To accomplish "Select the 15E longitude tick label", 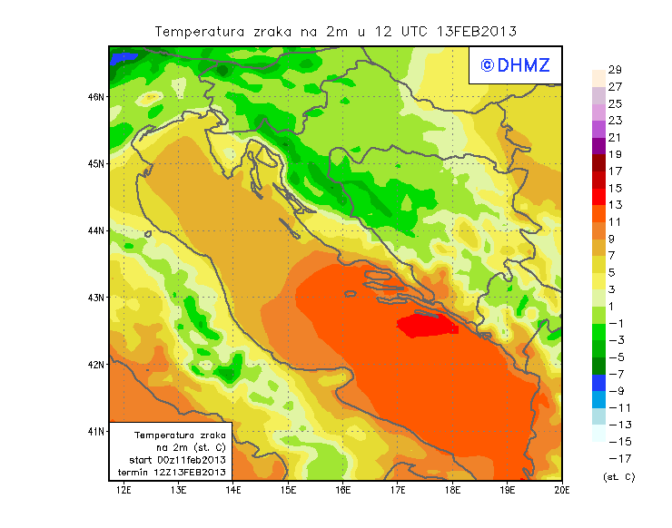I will pyautogui.click(x=288, y=491).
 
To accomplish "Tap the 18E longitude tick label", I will pyautogui.click(x=452, y=491).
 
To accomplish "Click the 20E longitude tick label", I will pyautogui.click(x=562, y=491).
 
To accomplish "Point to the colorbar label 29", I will pyautogui.click(x=615, y=70).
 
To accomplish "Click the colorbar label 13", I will pyautogui.click(x=615, y=205).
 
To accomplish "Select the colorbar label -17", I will pyautogui.click(x=618, y=458).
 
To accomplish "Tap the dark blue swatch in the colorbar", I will pyautogui.click(x=598, y=382).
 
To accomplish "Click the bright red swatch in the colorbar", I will pyautogui.click(x=598, y=196).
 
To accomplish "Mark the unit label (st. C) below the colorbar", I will pyautogui.click(x=618, y=476).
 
